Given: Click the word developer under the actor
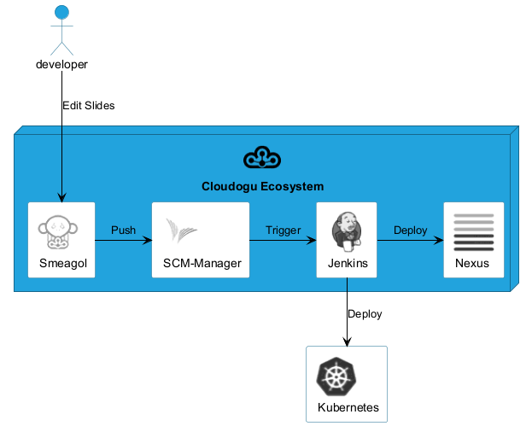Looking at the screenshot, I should coord(61,64).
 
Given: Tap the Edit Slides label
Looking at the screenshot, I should coord(88,106).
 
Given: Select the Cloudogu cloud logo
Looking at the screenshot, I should coord(262,158).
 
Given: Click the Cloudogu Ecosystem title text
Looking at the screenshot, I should coord(262,186).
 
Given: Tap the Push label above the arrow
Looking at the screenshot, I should coord(123,231).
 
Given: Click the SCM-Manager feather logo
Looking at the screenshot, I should coord(182,231).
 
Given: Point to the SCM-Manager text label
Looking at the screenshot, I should coord(202,263).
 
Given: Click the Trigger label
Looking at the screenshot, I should coord(284,231).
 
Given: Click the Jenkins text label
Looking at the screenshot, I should coord(348,263).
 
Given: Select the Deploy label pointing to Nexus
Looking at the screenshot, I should coord(410,231).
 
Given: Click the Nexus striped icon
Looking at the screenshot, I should coord(473,231).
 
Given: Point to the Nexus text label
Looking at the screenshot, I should coord(473,263).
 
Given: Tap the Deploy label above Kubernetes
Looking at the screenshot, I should coord(365,313).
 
